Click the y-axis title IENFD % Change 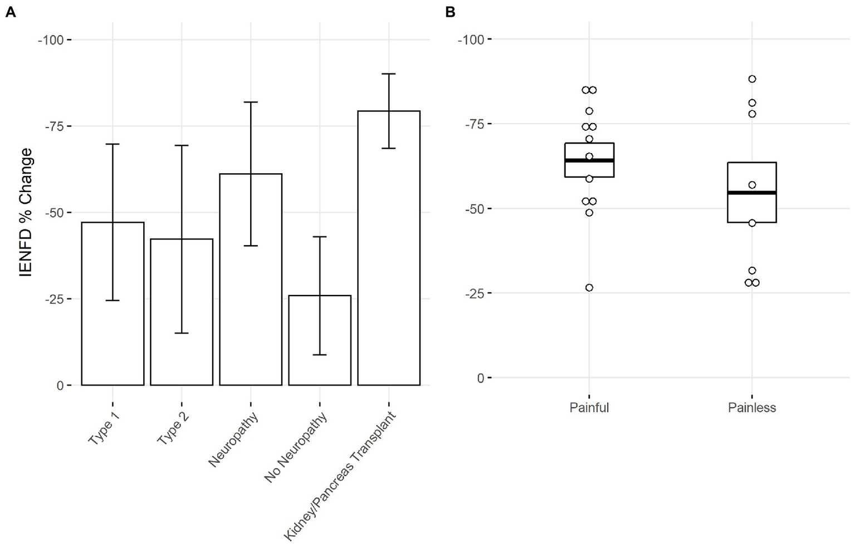point(26,212)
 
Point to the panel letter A point(10,12)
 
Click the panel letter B point(451,12)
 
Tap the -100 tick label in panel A point(51,40)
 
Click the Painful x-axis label point(589,408)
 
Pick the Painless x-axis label point(751,408)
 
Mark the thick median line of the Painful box point(589,160)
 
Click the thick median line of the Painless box point(751,193)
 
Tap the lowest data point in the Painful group point(589,288)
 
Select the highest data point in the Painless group point(752,79)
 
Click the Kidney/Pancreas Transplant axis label point(341,476)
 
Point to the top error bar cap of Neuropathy point(251,102)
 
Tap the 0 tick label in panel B point(481,378)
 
